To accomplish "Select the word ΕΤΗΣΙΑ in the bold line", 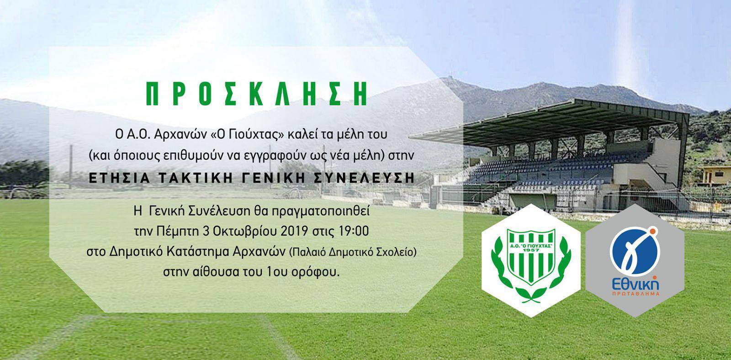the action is (119, 178).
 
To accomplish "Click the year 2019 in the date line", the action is (294, 231).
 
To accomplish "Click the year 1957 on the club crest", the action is (531, 250).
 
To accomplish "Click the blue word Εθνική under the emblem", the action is (635, 284).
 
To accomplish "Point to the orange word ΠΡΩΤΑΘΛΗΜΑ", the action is (636, 294).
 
